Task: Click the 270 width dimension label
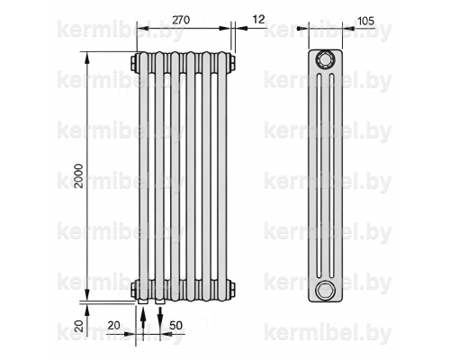181,20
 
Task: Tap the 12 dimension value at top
258,20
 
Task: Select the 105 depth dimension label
366,21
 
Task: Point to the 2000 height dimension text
78,175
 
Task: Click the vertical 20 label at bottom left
78,326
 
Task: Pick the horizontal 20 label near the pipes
114,325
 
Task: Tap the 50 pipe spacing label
175,325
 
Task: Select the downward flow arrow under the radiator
160,319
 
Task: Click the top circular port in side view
325,60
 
